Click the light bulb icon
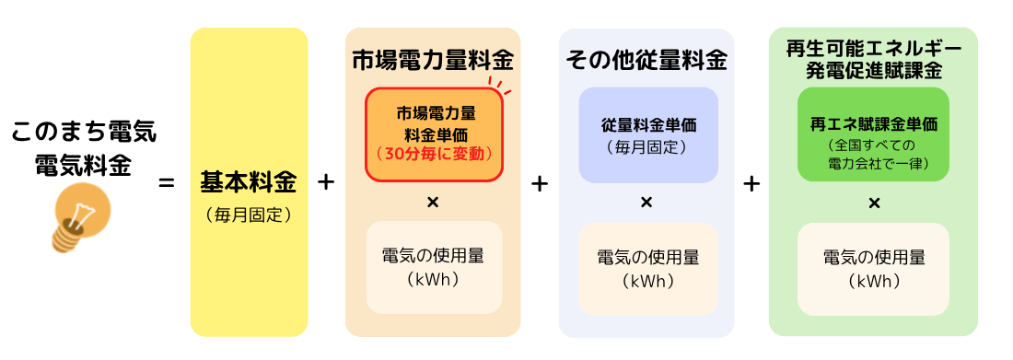pyautogui.click(x=78, y=217)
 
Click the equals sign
pyautogui.click(x=167, y=183)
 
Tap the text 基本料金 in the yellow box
pyautogui.click(x=249, y=182)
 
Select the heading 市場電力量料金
pyautogui.click(x=433, y=61)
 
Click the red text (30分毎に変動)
pyautogui.click(x=435, y=154)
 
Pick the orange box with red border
pyautogui.click(x=435, y=134)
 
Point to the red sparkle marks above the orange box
pyautogui.click(x=501, y=86)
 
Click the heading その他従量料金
pyautogui.click(x=646, y=61)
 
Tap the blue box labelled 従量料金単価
pyautogui.click(x=647, y=134)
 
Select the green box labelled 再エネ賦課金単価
pyautogui.click(x=872, y=134)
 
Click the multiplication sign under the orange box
pyautogui.click(x=433, y=202)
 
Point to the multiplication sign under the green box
pyautogui.click(x=873, y=203)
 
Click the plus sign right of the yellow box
pyautogui.click(x=326, y=182)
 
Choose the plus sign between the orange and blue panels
pyautogui.click(x=540, y=183)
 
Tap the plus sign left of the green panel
pyautogui.click(x=751, y=183)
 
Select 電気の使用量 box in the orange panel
pyautogui.click(x=434, y=267)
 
